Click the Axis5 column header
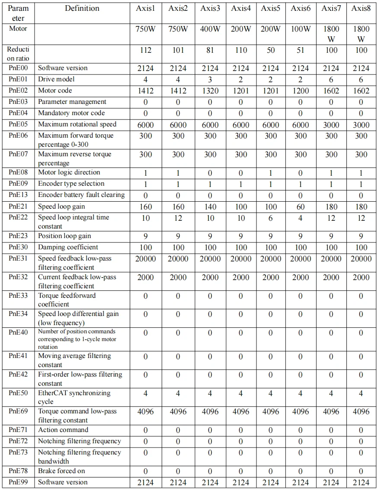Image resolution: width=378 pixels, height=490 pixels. (270, 8)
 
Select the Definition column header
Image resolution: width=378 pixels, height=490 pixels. (82, 8)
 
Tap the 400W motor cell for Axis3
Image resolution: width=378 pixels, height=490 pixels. (210, 29)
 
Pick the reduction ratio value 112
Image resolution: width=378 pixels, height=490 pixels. (146, 50)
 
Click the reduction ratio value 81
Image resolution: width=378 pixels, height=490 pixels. (210, 50)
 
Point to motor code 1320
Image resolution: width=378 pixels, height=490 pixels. (210, 91)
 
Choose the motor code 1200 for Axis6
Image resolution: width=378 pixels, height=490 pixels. (301, 91)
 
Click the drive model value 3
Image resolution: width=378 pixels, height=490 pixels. (210, 80)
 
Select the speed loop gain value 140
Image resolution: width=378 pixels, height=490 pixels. (210, 207)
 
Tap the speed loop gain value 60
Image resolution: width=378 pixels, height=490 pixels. (301, 207)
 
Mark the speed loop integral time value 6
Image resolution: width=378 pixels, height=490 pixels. (270, 218)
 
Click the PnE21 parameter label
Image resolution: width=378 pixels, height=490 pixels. (18, 206)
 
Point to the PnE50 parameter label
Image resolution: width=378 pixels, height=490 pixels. (18, 393)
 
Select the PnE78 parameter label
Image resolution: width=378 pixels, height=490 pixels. (18, 471)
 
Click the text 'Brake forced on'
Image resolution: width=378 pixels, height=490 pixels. (61, 471)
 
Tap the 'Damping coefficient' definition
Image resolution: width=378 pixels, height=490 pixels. (68, 247)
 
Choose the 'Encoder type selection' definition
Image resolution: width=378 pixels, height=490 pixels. (71, 184)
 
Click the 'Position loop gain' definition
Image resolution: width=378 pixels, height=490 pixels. (64, 236)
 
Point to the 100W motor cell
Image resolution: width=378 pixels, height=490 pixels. (301, 29)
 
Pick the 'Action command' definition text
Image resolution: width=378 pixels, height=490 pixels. (63, 430)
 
